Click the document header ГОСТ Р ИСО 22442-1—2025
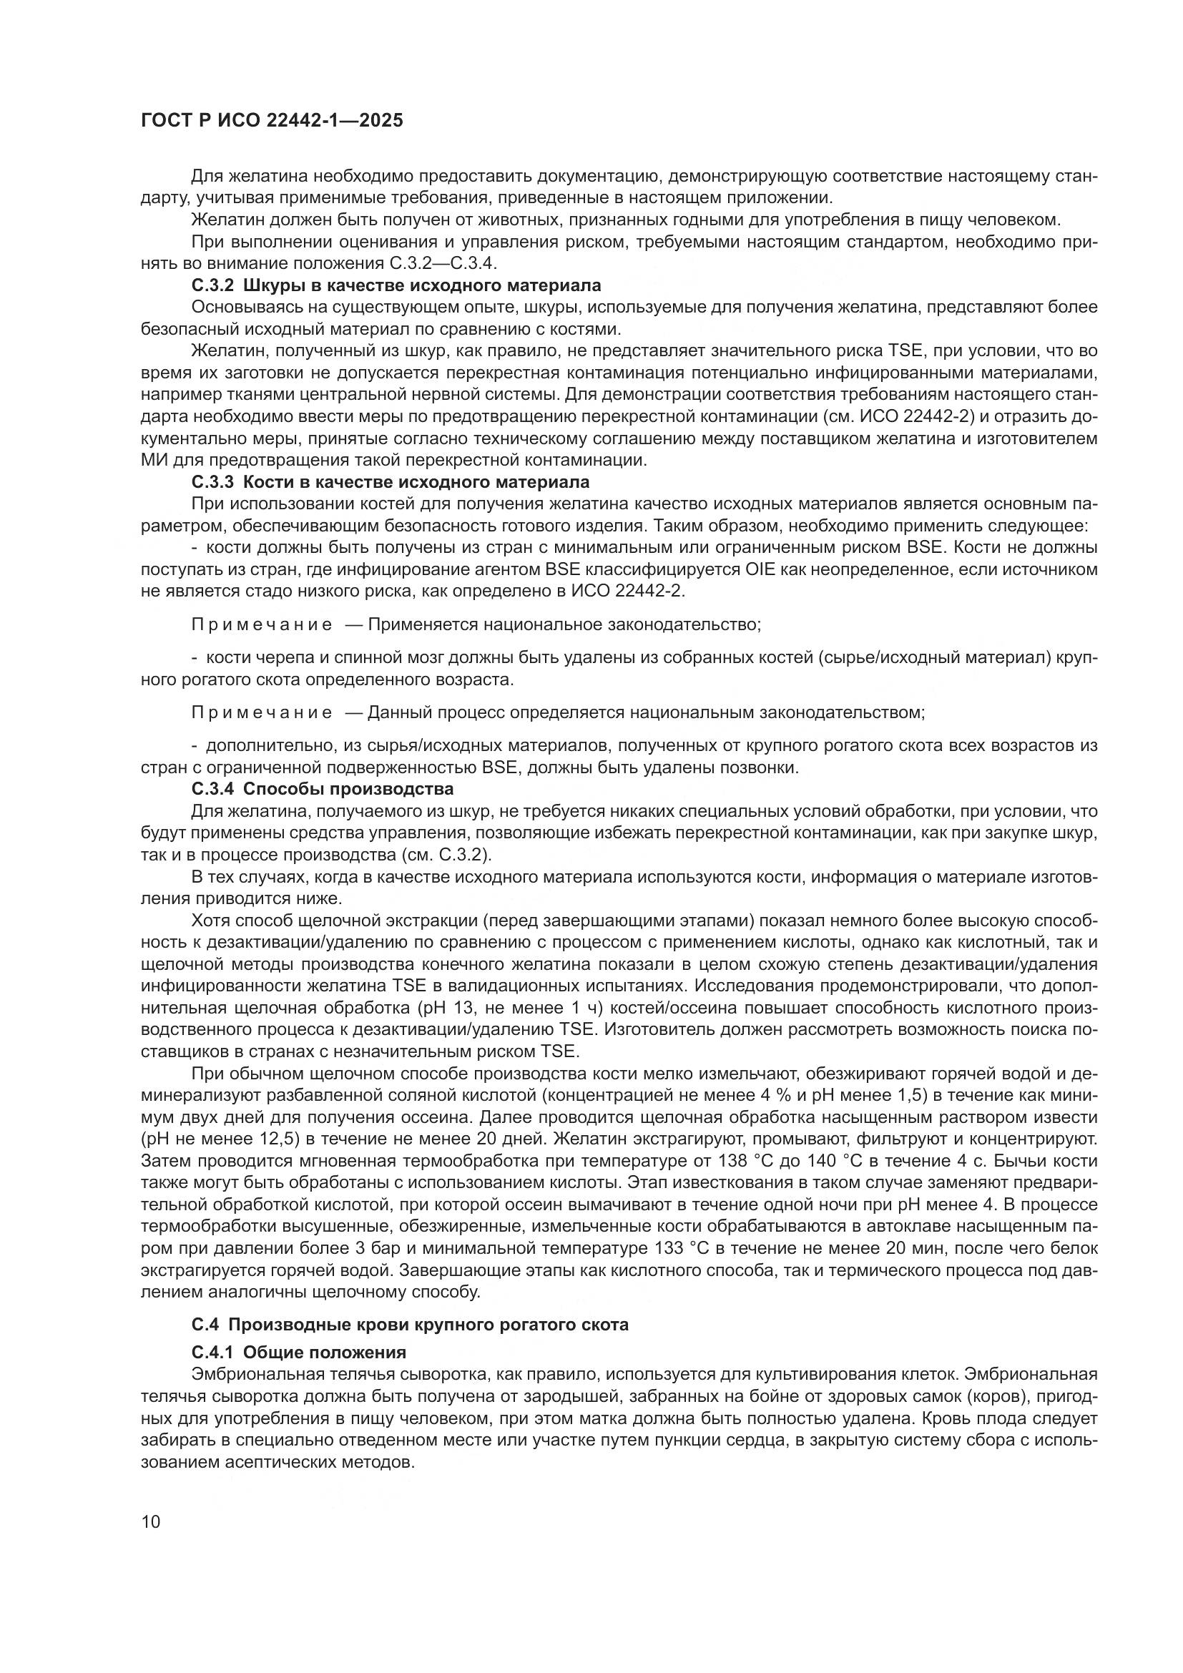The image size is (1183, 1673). (272, 120)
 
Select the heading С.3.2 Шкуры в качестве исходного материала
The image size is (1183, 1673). (396, 285)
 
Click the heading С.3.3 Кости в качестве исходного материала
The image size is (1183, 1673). (391, 481)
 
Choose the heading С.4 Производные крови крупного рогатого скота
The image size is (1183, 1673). (410, 1324)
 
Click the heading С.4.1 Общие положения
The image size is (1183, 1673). (299, 1353)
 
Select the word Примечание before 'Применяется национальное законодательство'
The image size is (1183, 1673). (262, 624)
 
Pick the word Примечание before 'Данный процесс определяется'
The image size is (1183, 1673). (262, 712)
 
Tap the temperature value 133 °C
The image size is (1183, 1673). (682, 1248)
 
